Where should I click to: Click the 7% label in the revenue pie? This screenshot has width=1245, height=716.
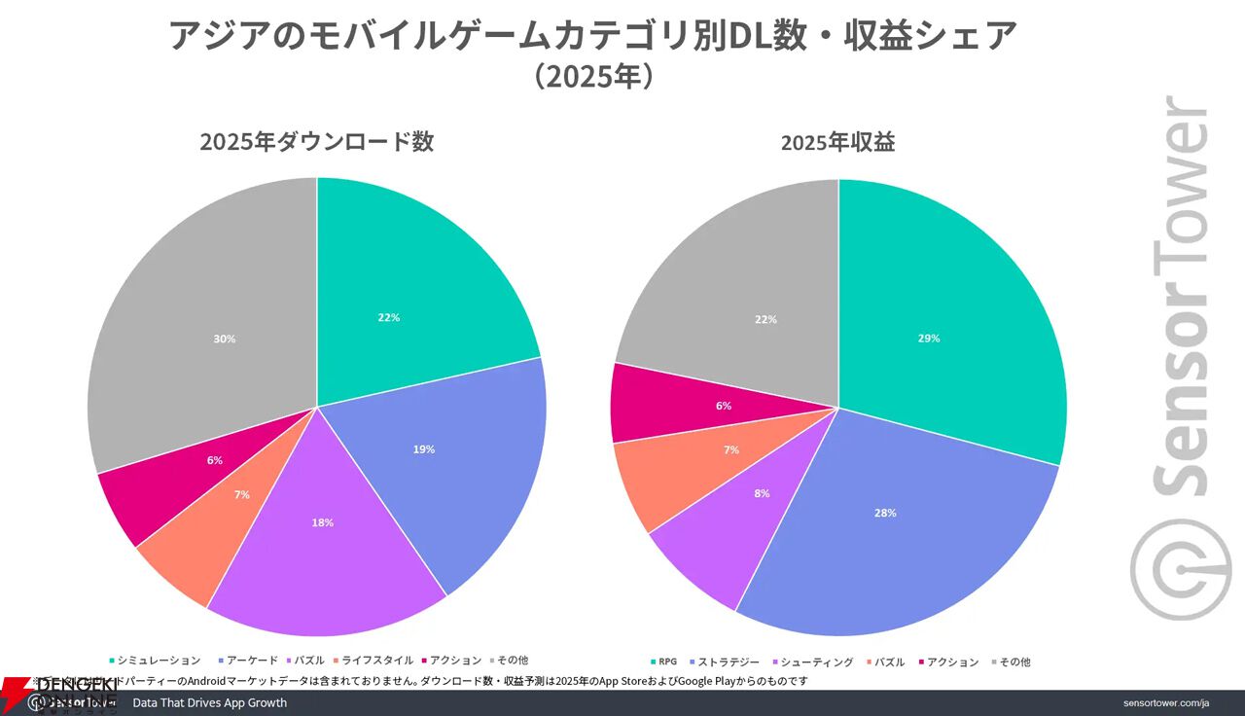click(x=731, y=449)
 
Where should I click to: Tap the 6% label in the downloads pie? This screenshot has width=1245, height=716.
click(x=215, y=460)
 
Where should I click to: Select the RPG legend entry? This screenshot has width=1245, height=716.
click(x=667, y=662)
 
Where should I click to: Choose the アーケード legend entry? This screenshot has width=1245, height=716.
click(x=253, y=660)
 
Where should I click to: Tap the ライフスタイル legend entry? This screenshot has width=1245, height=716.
click(x=377, y=660)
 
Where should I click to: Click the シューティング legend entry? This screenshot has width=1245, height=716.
click(x=818, y=662)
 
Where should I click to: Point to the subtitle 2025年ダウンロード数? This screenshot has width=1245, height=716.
click(x=316, y=142)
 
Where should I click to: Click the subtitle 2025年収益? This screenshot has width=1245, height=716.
click(x=837, y=142)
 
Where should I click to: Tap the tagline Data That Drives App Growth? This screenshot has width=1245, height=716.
click(x=209, y=702)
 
